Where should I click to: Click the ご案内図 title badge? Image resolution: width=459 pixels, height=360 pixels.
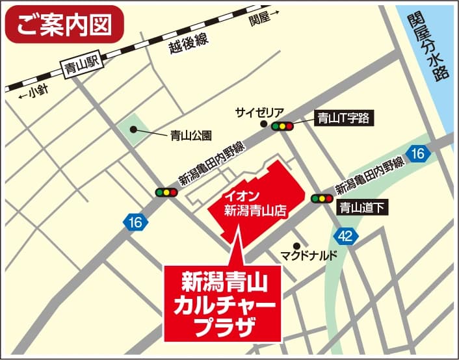64,24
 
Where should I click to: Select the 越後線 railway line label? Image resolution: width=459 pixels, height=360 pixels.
189,46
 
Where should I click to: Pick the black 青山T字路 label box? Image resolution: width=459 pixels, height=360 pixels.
343,118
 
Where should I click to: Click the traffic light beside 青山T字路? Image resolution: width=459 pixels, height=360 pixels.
283,126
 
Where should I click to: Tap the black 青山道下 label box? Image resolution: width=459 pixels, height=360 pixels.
363,209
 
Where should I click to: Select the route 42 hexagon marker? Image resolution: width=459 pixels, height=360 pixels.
345,235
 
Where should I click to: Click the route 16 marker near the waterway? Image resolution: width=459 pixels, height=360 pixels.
418,153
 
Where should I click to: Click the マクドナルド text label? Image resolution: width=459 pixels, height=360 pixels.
309,255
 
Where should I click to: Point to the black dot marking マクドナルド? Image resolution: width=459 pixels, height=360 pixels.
296,245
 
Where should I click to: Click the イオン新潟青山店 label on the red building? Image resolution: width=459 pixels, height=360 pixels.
255,203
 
